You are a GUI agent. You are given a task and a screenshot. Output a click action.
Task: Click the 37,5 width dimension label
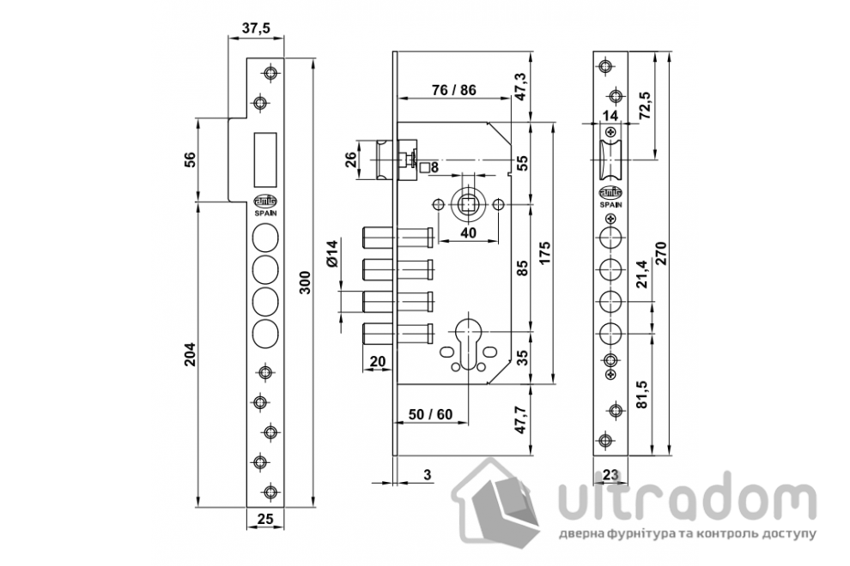coord(256,28)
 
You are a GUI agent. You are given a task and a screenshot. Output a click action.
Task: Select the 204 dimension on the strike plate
coord(190,354)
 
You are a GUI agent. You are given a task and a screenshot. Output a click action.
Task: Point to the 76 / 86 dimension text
coord(453,90)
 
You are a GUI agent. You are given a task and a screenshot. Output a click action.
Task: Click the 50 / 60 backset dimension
coord(430,414)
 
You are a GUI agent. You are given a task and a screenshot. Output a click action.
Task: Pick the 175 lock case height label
coord(544,253)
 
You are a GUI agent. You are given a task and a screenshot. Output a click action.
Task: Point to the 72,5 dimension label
coord(645,106)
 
